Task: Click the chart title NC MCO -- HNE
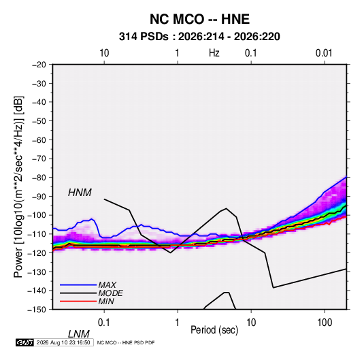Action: (x=199, y=19)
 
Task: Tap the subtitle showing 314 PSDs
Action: (x=199, y=37)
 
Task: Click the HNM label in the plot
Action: (x=80, y=193)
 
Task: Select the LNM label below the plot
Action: (x=78, y=334)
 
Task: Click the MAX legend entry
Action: (x=107, y=284)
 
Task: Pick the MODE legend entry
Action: (x=110, y=293)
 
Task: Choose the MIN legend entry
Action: (x=106, y=301)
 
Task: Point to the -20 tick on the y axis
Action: (x=39, y=65)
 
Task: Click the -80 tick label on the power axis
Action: (x=39, y=178)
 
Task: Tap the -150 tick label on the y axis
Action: (x=37, y=310)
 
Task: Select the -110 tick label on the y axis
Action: (x=37, y=234)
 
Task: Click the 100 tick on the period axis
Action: (x=325, y=323)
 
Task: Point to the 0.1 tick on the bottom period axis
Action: (x=103, y=323)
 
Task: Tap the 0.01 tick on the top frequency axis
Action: (x=324, y=53)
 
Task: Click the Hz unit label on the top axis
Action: (x=214, y=53)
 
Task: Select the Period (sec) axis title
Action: (x=214, y=330)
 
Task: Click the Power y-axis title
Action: (x=18, y=187)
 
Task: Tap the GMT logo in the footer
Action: (x=24, y=342)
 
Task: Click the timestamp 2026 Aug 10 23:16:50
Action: (x=63, y=342)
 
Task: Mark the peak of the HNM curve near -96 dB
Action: (x=226, y=208)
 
